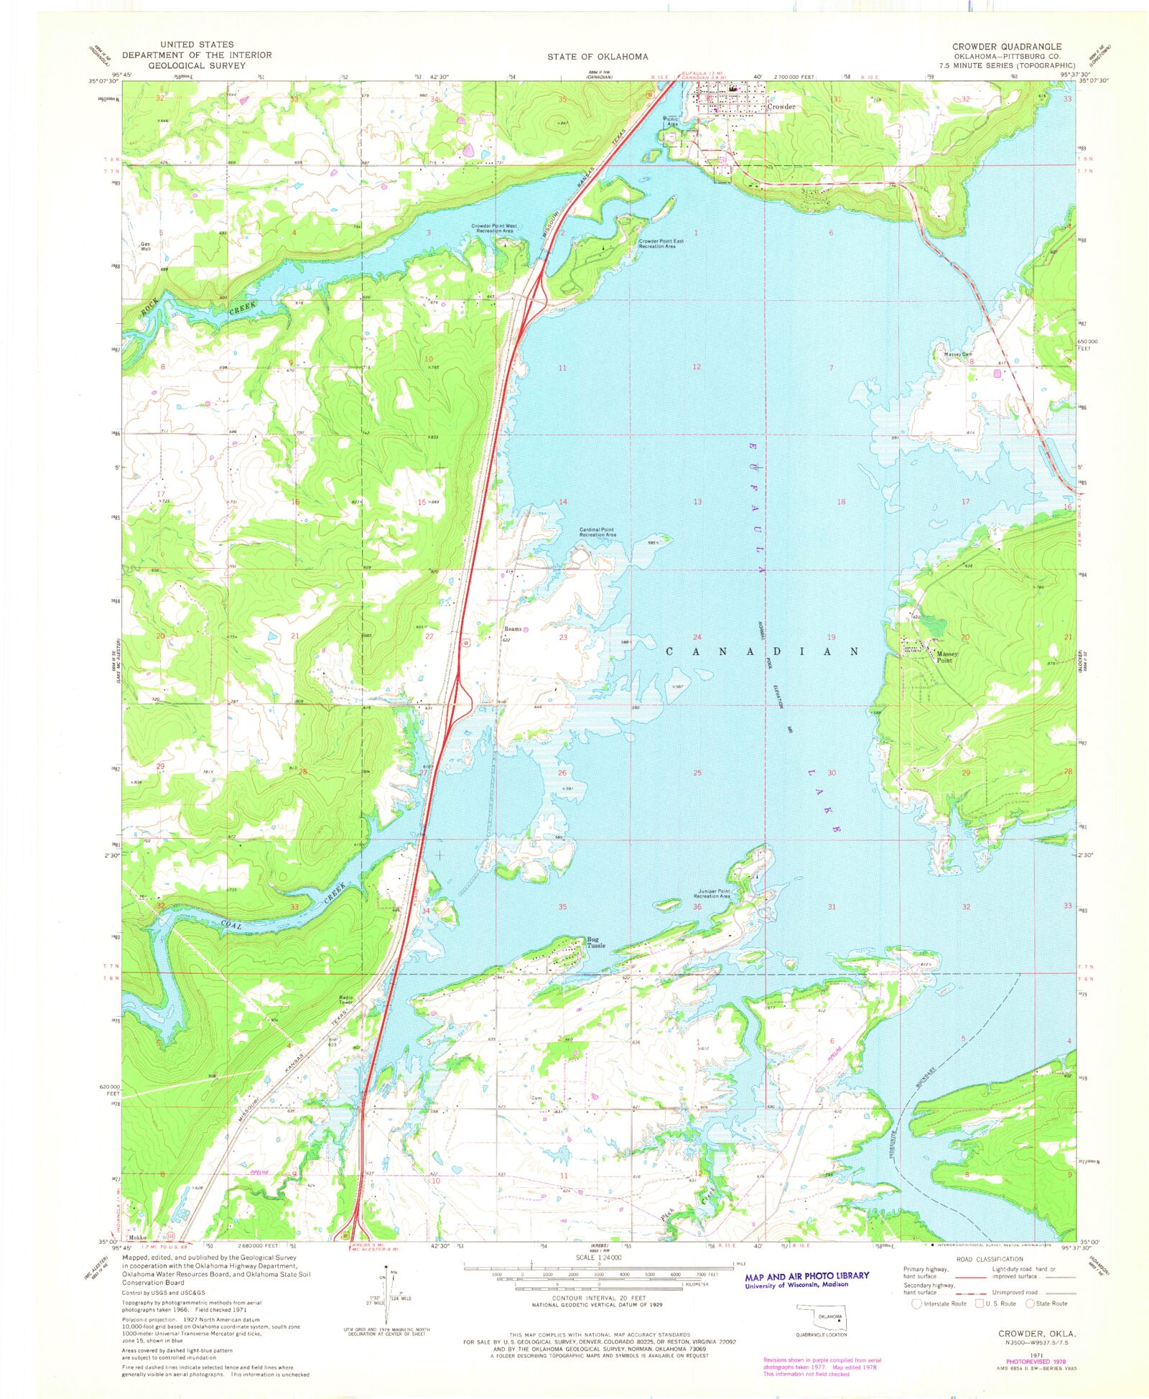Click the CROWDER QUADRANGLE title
click(x=1007, y=46)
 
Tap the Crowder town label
click(x=781, y=107)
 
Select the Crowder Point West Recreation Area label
click(x=494, y=228)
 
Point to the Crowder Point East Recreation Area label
click(x=661, y=244)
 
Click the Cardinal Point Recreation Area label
click(x=597, y=532)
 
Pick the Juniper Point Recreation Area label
click(x=712, y=893)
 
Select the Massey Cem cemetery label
click(x=958, y=354)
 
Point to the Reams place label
click(x=513, y=629)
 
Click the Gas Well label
click(x=146, y=246)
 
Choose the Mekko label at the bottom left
click(x=137, y=1237)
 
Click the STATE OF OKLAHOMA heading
click(x=597, y=57)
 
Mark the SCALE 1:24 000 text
click(x=598, y=1258)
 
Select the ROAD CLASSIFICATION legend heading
click(x=989, y=1259)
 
